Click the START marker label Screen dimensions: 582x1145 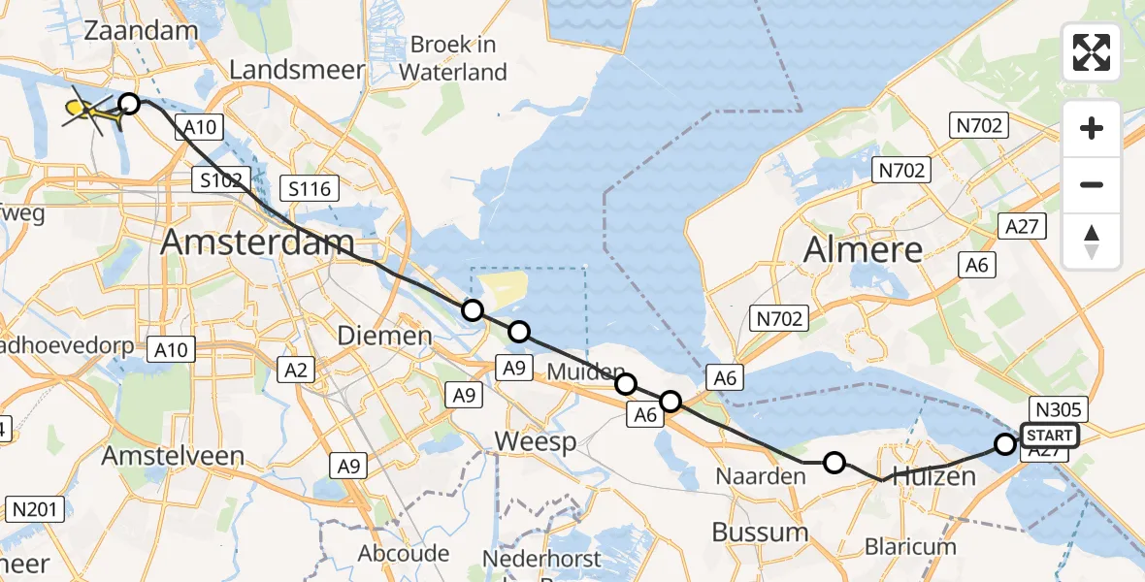point(1049,436)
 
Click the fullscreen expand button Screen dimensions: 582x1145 point(1092,52)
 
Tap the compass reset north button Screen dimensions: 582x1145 point(1092,242)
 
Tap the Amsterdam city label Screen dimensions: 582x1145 point(257,242)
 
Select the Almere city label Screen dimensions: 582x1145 point(864,251)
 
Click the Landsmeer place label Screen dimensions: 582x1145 point(297,70)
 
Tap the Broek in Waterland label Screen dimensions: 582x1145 point(453,58)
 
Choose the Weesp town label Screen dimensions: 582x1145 point(535,442)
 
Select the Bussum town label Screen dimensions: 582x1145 point(760,532)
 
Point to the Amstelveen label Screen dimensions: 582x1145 point(159,456)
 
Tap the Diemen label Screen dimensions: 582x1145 point(383,337)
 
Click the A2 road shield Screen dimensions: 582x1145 point(297,369)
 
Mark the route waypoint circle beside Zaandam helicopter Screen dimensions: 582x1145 point(129,104)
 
